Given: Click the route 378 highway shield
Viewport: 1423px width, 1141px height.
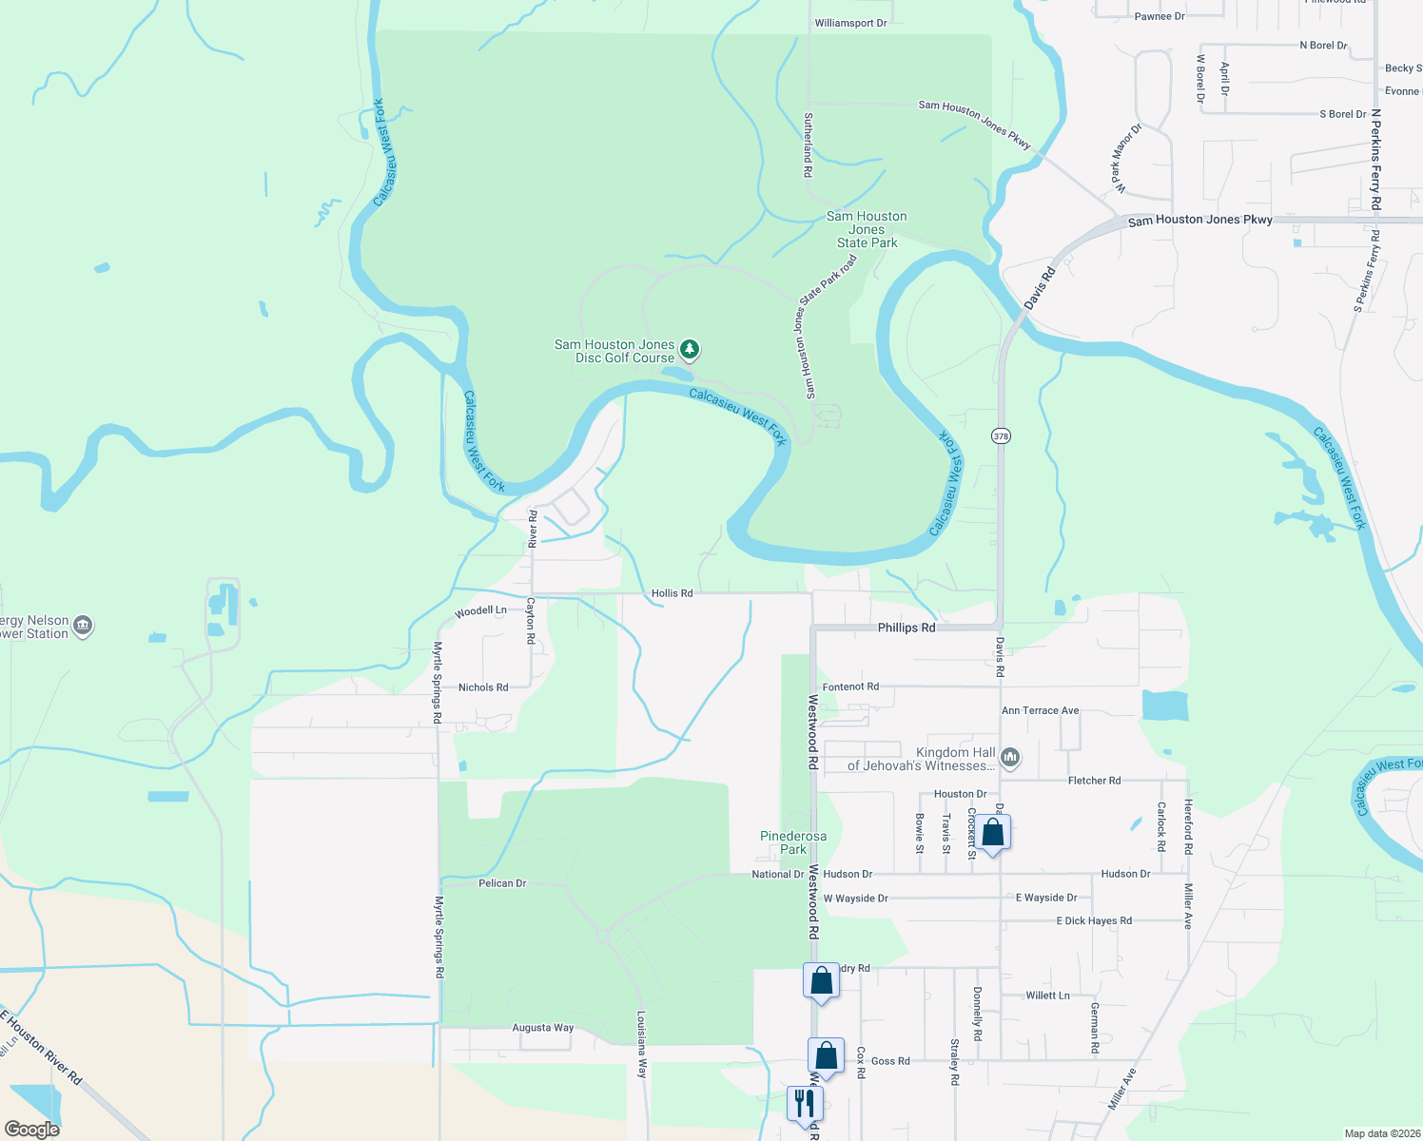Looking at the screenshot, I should (x=1001, y=436).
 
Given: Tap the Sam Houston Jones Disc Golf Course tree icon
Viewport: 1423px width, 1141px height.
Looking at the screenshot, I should (x=690, y=350).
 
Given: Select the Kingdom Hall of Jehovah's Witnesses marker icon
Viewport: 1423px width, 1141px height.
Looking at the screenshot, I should (x=1010, y=758).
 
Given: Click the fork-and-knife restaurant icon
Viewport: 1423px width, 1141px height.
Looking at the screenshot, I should (x=806, y=1103).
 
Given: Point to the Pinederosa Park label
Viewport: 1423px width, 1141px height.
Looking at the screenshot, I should (x=793, y=842).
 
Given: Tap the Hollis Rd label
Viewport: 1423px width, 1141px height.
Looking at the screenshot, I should (x=672, y=593).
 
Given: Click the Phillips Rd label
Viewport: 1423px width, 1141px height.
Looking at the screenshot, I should (x=906, y=628).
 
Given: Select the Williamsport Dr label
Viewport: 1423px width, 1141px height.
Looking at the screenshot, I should (x=850, y=23).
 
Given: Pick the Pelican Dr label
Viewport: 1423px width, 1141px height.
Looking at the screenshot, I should (x=502, y=883).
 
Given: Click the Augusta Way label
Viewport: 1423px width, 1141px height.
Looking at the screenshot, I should (x=543, y=1028).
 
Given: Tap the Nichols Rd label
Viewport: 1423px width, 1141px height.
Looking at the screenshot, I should (x=483, y=687).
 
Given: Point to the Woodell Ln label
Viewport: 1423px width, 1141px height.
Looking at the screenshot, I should (x=480, y=611).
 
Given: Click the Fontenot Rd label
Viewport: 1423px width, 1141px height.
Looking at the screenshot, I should (x=850, y=687).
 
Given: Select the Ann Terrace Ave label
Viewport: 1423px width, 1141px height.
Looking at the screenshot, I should (x=1040, y=710).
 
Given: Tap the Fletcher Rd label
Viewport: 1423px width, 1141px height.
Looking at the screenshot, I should (x=1094, y=781).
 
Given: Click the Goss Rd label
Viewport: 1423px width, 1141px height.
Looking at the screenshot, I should (x=890, y=1061).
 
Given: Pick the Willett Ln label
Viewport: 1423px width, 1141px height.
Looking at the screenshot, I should (x=1047, y=996).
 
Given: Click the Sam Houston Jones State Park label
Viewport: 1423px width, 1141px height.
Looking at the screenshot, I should (x=867, y=229).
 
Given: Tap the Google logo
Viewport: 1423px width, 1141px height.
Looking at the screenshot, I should (x=31, y=1130).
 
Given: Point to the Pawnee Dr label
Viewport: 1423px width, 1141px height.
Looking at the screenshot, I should (x=1160, y=16).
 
